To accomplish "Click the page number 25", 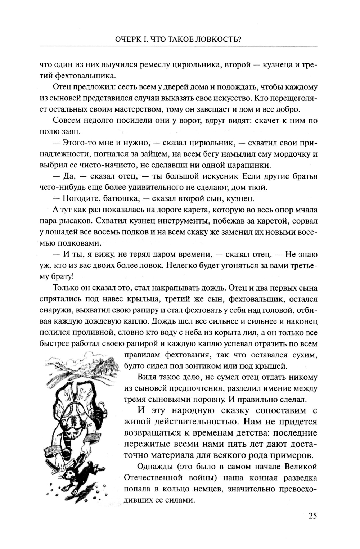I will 312,516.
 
